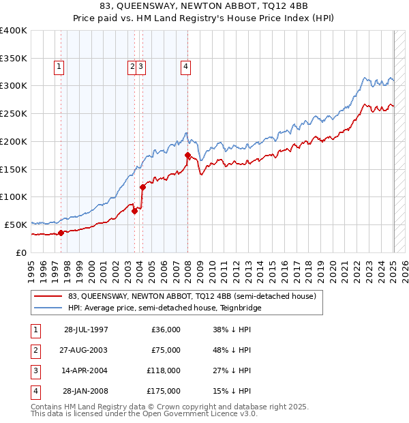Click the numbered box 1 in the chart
click(x=59, y=67)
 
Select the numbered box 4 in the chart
click(x=185, y=67)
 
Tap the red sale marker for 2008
click(x=187, y=156)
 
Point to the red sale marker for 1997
click(x=61, y=233)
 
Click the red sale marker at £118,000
click(x=142, y=187)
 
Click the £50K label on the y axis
click(x=16, y=224)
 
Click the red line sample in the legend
click(x=48, y=297)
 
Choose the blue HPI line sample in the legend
click(x=48, y=308)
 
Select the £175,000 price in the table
click(x=165, y=391)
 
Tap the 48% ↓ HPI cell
click(x=231, y=350)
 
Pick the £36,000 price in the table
click(x=166, y=330)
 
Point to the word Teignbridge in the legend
click(x=240, y=308)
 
